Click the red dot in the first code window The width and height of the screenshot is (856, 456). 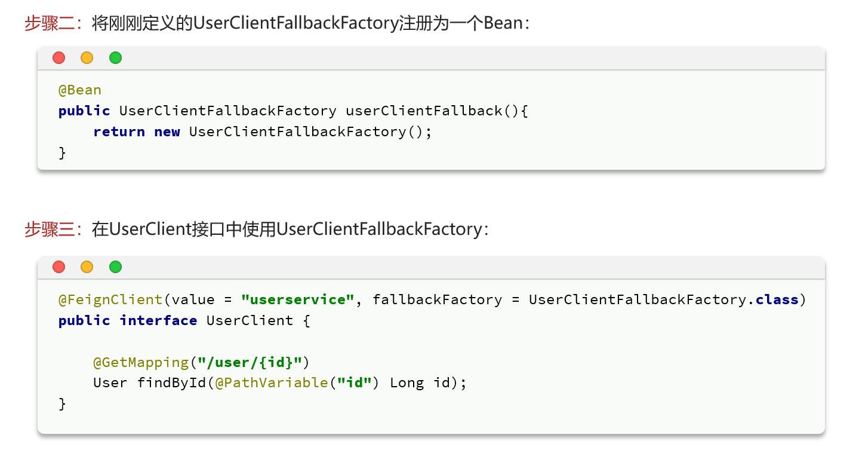click(x=58, y=58)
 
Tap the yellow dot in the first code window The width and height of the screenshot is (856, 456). click(x=87, y=58)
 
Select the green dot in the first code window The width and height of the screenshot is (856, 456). click(x=115, y=58)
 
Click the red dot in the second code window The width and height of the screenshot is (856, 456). click(x=58, y=267)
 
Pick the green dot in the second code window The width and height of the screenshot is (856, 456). click(x=115, y=267)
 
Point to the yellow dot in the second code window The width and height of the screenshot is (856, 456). click(x=87, y=267)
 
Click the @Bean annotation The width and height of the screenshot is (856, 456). click(x=80, y=90)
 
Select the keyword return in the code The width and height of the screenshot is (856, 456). click(x=119, y=132)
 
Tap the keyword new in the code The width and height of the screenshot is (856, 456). click(x=167, y=132)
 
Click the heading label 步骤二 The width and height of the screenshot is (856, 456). click(x=49, y=23)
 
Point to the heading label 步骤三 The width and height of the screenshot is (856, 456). click(x=49, y=229)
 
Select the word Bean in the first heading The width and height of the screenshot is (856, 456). click(x=503, y=23)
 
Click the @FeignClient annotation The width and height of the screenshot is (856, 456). click(x=110, y=299)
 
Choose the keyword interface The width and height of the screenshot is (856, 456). click(x=158, y=320)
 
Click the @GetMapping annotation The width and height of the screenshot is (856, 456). click(x=141, y=362)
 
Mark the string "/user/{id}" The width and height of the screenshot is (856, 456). click(x=254, y=362)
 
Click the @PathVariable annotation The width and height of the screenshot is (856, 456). click(x=272, y=383)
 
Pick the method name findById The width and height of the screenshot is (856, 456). click(x=172, y=383)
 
